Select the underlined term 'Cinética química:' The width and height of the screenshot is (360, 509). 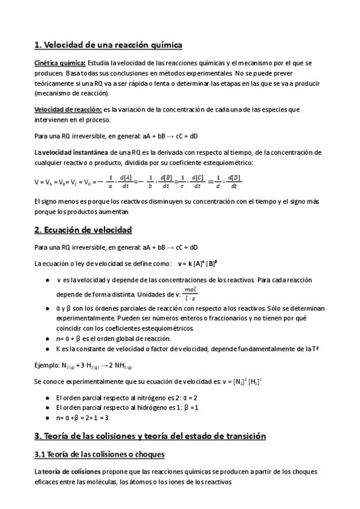click(60, 63)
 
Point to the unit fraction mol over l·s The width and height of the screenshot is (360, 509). click(191, 294)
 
